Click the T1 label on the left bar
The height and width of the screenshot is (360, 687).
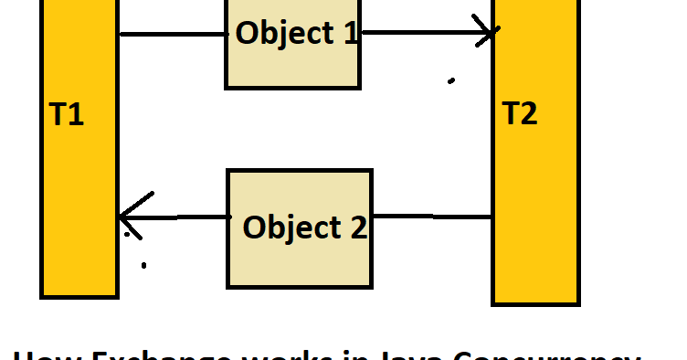[66, 116]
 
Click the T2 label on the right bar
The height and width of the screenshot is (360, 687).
[520, 114]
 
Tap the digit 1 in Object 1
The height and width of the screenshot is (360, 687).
[349, 33]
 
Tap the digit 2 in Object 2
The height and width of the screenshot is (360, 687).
[356, 227]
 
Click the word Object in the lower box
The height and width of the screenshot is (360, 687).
[292, 227]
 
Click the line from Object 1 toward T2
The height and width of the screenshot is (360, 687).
[420, 34]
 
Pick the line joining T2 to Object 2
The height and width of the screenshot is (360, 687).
[433, 217]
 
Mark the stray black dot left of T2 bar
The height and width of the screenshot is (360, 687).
[451, 81]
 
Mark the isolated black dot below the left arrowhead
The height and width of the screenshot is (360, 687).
[143, 266]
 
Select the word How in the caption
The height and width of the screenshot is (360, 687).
[43, 355]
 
